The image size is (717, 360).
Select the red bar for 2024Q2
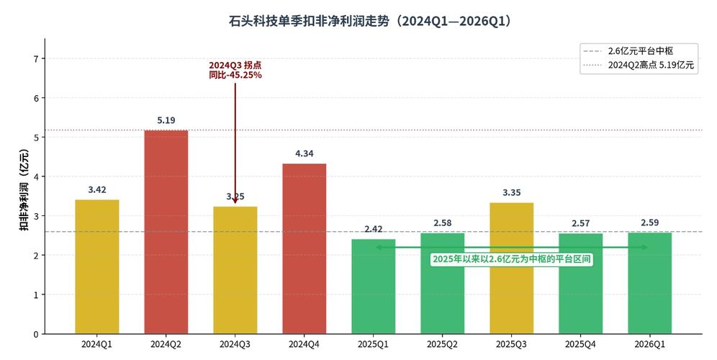(166, 232)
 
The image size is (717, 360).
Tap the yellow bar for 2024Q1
(97, 266)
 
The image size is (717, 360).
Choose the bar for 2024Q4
(305, 248)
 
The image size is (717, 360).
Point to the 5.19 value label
(166, 120)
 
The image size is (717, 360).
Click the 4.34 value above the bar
(305, 153)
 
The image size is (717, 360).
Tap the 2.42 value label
(374, 229)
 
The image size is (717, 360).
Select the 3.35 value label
(512, 192)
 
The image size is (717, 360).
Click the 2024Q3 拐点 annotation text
(235, 70)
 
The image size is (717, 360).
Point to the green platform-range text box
(512, 259)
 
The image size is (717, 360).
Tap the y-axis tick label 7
(35, 58)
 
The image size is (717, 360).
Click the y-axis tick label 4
(35, 176)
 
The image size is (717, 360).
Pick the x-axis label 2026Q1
(650, 344)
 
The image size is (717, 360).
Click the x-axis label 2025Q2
(443, 344)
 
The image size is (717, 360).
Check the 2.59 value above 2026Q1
(650, 222)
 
